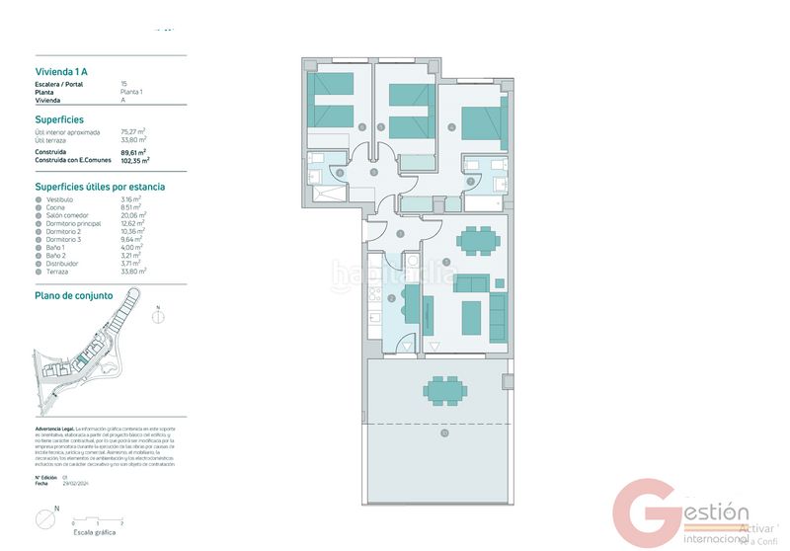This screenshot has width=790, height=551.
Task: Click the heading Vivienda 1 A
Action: [61, 70]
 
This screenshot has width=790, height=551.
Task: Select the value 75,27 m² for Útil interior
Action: [132, 130]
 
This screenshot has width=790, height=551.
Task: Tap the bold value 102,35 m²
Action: [132, 160]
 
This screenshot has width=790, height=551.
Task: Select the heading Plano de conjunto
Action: [74, 295]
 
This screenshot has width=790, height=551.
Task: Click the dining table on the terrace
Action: [445, 388]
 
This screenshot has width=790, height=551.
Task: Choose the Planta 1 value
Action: [131, 92]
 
